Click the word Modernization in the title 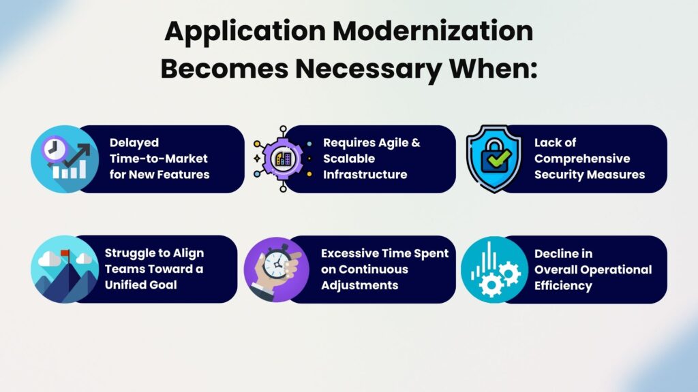[433, 31]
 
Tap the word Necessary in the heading [367, 69]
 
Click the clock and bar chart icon [65, 159]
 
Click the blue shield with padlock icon [494, 159]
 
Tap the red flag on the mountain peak [65, 254]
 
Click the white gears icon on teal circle [495, 269]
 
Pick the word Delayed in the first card [134, 143]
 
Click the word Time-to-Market [158, 159]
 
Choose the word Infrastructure [365, 175]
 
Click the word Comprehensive [582, 159]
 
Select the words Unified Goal [140, 285]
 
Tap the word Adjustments [360, 285]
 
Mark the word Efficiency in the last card [563, 286]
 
